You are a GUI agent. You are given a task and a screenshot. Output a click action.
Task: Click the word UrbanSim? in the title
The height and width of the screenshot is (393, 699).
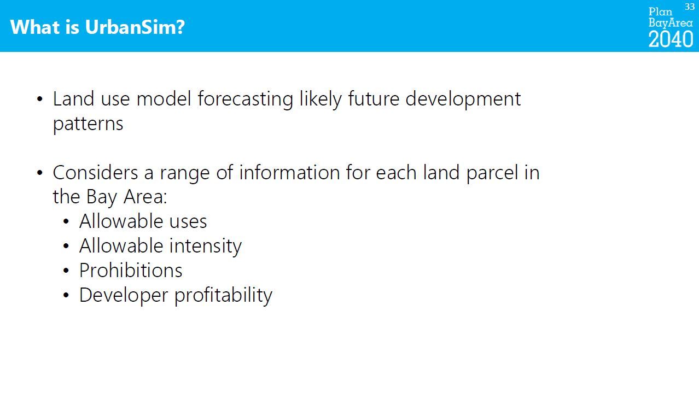pyautogui.click(x=135, y=27)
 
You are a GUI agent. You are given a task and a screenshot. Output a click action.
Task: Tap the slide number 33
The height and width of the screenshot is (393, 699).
pyautogui.click(x=690, y=7)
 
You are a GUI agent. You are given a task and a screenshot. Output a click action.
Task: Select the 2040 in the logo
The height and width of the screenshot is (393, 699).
pyautogui.click(x=671, y=39)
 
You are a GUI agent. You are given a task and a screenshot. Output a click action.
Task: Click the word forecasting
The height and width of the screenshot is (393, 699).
pyautogui.click(x=245, y=99)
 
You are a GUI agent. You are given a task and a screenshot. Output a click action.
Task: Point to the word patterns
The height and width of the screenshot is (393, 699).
pyautogui.click(x=88, y=124)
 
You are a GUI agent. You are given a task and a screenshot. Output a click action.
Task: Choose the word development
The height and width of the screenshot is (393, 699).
pyautogui.click(x=463, y=99)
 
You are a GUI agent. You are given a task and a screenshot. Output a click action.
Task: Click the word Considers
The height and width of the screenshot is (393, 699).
pyautogui.click(x=95, y=173)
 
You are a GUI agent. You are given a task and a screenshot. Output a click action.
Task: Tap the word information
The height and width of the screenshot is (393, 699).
pyautogui.click(x=289, y=173)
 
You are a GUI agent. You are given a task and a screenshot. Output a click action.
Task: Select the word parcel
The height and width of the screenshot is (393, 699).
pyautogui.click(x=492, y=173)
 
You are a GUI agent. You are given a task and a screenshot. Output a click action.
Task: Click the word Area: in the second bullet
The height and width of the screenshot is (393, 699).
pyautogui.click(x=145, y=197)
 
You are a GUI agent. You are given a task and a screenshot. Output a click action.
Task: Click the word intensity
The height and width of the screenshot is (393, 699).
pyautogui.click(x=206, y=247)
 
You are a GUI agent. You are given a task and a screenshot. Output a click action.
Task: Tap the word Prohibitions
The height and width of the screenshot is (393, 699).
pyautogui.click(x=131, y=271)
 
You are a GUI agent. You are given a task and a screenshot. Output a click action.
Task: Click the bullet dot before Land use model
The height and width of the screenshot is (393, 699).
pyautogui.click(x=39, y=99)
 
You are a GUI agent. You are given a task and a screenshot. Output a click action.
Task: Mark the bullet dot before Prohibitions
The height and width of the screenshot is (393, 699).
pyautogui.click(x=66, y=271)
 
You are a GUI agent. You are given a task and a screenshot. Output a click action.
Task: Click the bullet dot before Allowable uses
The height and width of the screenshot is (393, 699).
pyautogui.click(x=66, y=221)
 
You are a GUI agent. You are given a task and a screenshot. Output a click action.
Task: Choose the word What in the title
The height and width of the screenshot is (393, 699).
pyautogui.click(x=35, y=27)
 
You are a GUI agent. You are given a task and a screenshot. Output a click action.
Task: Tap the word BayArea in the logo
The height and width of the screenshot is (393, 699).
pyautogui.click(x=671, y=23)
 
